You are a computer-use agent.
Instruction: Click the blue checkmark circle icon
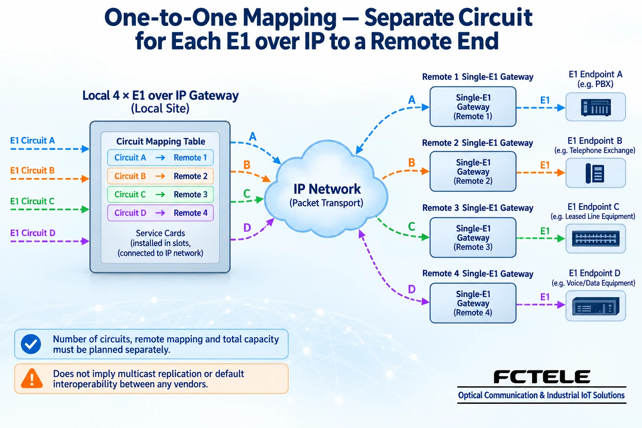pos(31,344)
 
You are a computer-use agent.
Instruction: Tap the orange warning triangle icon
pos(32,379)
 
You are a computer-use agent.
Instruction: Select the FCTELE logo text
pos(542,377)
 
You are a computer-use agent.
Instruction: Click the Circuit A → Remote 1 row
pos(160,158)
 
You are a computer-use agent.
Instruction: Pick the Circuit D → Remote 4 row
pos(160,213)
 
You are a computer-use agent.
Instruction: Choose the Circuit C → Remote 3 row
pos(160,194)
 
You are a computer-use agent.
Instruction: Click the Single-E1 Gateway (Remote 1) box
pos(473,107)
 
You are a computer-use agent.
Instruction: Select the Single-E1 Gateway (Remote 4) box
pos(473,303)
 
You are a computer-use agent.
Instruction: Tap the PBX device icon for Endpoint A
pos(596,107)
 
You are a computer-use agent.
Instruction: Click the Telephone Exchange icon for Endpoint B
pos(595,173)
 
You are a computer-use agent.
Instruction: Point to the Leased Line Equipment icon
pos(596,239)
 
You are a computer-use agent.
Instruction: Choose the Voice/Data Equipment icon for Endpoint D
pos(596,306)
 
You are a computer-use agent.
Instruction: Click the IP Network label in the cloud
pos(327,189)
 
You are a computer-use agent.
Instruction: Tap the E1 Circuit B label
pos(32,171)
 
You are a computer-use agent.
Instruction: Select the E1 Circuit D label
pos(33,233)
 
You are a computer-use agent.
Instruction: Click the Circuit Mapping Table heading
pos(160,141)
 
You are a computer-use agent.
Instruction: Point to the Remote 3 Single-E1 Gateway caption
pos(478,208)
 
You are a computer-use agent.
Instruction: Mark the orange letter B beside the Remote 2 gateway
pos(412,163)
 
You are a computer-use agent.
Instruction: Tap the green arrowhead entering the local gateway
pos(85,209)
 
